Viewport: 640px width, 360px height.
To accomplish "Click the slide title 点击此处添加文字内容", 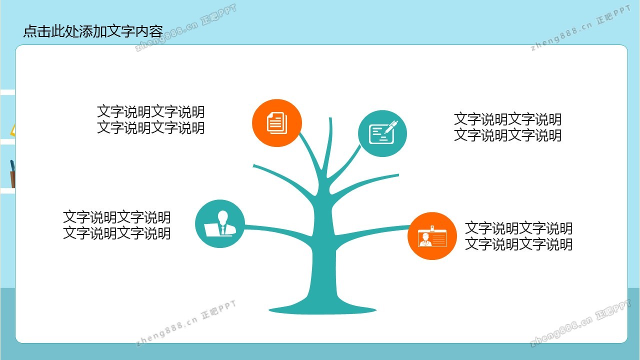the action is point(93,31).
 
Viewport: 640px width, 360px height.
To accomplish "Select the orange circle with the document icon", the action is point(277,123).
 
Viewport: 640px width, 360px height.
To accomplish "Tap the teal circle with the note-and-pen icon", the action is point(382,133).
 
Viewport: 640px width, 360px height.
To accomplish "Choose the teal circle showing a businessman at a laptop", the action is point(219,223).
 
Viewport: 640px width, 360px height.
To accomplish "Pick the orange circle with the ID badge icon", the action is point(432,236).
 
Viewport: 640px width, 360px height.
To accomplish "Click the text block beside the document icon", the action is point(151,119).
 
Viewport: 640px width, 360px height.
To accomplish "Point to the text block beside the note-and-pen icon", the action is point(507,127).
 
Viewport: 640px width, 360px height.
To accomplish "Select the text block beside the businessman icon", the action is point(116,225).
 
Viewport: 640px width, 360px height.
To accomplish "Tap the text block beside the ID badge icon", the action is point(518,236).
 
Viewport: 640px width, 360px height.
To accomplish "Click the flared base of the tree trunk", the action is point(322,308).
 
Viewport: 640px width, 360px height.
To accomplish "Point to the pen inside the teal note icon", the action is point(391,127).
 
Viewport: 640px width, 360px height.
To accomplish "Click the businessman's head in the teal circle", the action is point(223,217).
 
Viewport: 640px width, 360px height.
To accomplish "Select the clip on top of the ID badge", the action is point(432,228).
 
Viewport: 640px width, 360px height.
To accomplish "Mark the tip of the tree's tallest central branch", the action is point(330,117).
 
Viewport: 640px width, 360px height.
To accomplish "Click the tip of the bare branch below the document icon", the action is point(253,165).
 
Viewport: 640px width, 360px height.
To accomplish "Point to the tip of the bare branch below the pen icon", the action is point(398,175).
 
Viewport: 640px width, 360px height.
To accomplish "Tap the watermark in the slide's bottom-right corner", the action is point(580,323).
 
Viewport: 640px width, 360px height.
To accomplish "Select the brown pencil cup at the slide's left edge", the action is point(13,179).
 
